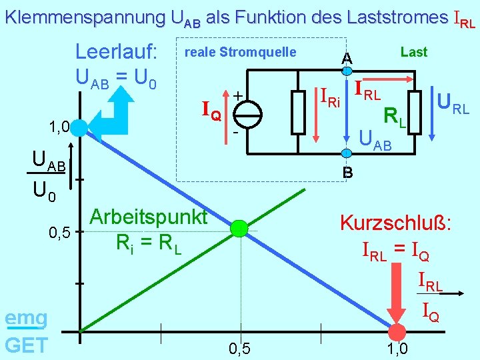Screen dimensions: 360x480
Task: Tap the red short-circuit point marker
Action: coord(397,333)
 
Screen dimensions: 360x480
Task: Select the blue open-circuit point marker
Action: coord(80,127)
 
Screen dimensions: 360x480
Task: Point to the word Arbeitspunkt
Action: coord(148,217)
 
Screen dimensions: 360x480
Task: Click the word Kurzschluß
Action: coord(396,222)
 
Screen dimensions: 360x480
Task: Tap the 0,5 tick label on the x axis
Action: coord(239,348)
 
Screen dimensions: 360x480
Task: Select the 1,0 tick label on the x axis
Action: coord(397,348)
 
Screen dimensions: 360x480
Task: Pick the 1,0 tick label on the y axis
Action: coord(59,127)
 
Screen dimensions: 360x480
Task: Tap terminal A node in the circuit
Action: coord(347,71)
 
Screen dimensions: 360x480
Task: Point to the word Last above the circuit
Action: coord(413,52)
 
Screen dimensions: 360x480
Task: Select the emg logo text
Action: coord(26,319)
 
